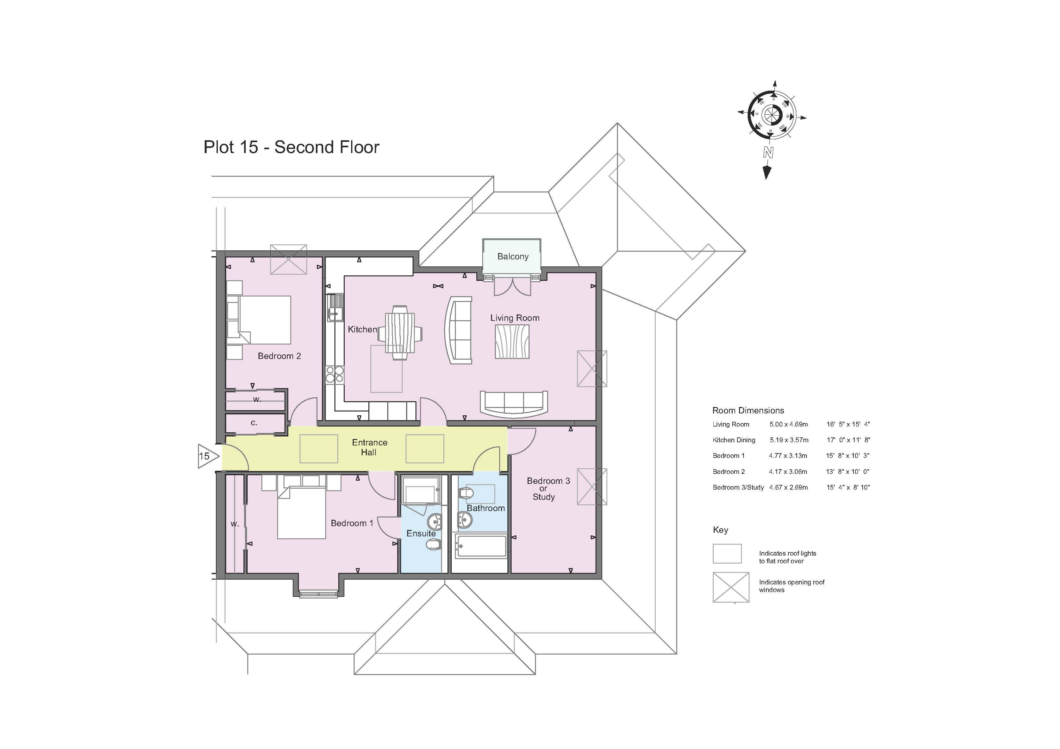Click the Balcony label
(513, 256)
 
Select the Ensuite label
(421, 533)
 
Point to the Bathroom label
(486, 508)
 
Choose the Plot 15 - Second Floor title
(291, 147)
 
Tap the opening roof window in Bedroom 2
(289, 259)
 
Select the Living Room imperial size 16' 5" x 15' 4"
(848, 424)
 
